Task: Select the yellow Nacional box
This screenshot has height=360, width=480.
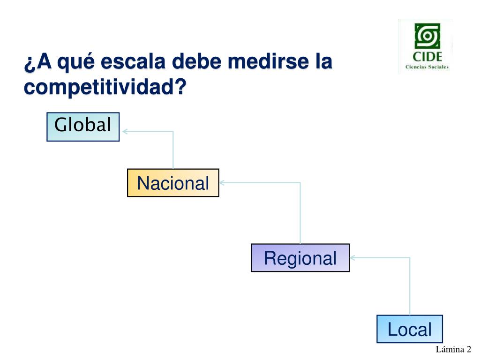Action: tap(173, 183)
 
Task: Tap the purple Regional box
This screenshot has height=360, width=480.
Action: tap(300, 258)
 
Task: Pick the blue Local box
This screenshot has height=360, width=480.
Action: tap(410, 329)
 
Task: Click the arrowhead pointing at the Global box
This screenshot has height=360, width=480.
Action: tap(126, 131)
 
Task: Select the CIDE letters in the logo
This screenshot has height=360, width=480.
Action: tap(427, 57)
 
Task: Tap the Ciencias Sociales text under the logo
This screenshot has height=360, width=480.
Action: tap(427, 67)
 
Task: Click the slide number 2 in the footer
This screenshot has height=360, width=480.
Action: tap(468, 349)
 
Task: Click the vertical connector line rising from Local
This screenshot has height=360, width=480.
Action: tap(410, 286)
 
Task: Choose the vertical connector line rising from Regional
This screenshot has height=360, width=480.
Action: tap(300, 213)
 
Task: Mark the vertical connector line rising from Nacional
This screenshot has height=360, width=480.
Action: tap(173, 150)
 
